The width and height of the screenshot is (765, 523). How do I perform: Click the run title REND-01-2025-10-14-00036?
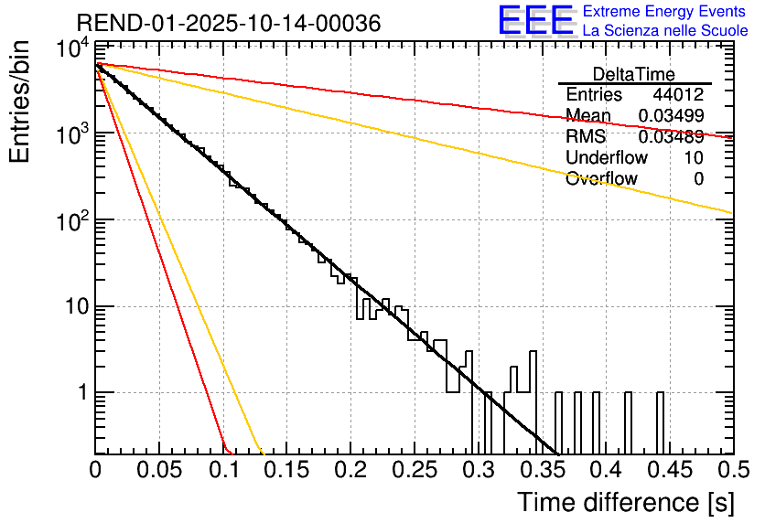(x=228, y=23)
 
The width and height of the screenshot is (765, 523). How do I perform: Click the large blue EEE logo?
(x=535, y=22)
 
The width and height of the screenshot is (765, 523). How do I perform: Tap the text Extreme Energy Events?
(x=665, y=12)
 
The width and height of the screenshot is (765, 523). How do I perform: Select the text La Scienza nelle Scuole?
(x=665, y=30)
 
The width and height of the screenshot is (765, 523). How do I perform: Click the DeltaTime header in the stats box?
(x=634, y=74)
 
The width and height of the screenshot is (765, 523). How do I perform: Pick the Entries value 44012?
(x=678, y=95)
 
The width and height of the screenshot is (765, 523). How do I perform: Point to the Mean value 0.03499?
(x=671, y=116)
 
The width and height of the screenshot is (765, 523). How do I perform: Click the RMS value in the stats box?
(x=671, y=137)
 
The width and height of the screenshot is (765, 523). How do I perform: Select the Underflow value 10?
(x=694, y=158)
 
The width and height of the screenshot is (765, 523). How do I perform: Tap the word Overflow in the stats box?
(x=601, y=179)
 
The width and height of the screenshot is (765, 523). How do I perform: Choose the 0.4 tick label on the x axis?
(x=604, y=470)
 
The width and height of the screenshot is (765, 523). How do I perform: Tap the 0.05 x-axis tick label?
(x=159, y=470)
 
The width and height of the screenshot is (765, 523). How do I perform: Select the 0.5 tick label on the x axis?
(x=731, y=470)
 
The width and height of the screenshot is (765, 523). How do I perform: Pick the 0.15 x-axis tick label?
(x=286, y=470)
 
